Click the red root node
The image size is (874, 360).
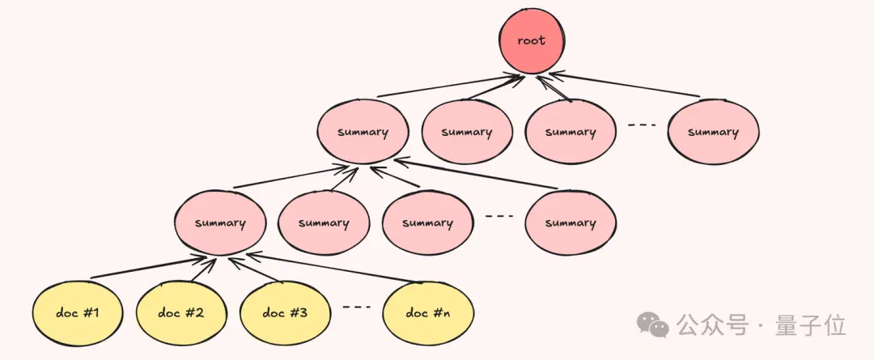(531, 41)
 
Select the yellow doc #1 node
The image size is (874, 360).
(78, 313)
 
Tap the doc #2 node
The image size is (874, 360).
(180, 313)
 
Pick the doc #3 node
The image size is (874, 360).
(284, 313)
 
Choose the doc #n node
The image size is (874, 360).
(428, 313)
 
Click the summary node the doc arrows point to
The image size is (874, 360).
(220, 223)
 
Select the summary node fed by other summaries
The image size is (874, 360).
(363, 133)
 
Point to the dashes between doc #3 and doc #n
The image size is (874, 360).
(356, 307)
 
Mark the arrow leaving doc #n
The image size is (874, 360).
(330, 269)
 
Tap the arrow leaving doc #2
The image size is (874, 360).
(203, 269)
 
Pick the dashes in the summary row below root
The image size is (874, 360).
(642, 125)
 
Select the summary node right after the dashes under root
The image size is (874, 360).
(713, 133)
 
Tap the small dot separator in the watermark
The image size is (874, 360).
(761, 325)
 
